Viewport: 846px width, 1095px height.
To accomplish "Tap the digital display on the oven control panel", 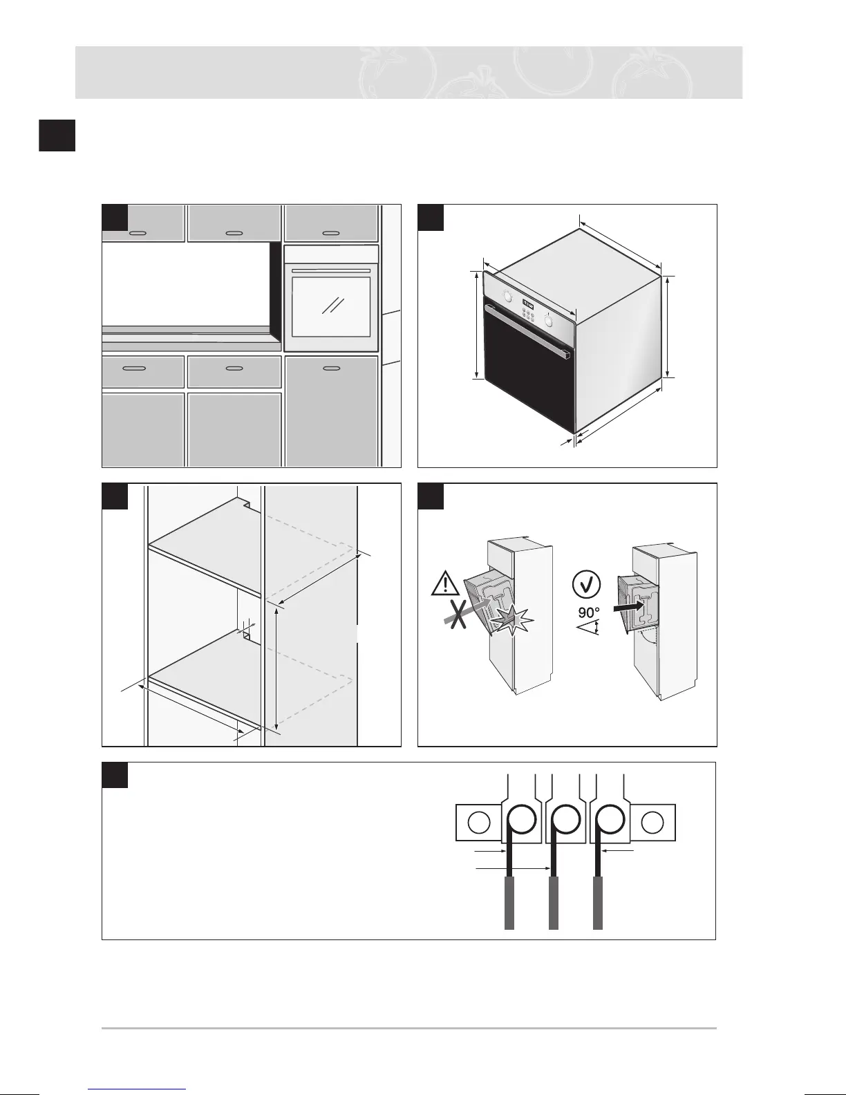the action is [529, 303].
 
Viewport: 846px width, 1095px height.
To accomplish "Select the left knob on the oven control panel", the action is [507, 297].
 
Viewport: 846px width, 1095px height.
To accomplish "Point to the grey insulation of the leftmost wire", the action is [510, 902].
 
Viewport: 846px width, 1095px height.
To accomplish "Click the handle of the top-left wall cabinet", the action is [138, 233].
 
